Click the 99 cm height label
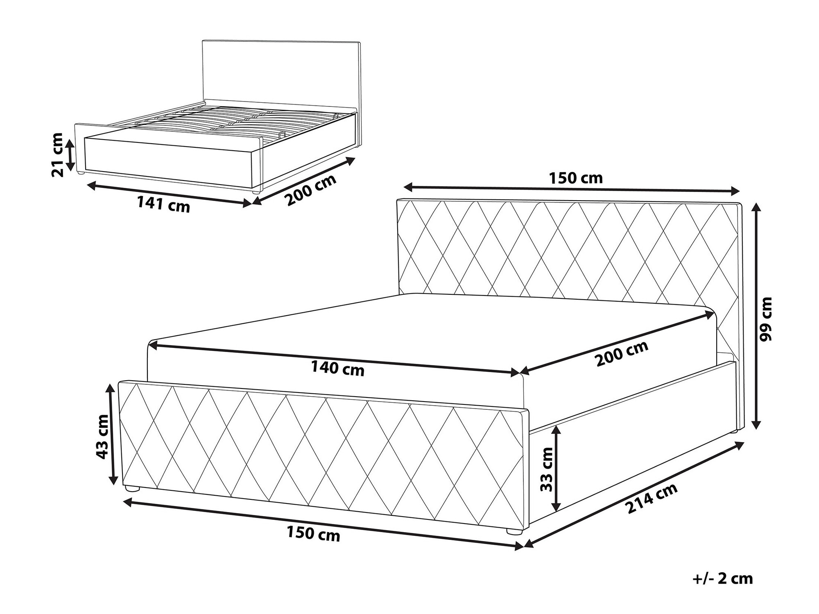(x=765, y=319)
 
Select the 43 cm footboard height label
(x=102, y=436)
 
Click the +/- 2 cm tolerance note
(x=723, y=578)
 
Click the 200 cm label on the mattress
(x=622, y=353)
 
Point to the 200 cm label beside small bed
(x=311, y=190)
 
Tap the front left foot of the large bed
(x=132, y=489)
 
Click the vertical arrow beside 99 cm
(x=757, y=316)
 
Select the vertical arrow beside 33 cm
(x=556, y=468)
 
